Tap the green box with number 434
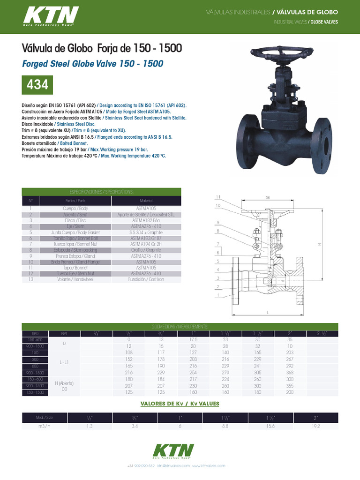pos(37,85)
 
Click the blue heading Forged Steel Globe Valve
pos(93,63)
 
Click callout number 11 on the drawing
pos(218,196)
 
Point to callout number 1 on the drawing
pos(218,295)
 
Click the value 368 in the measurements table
pos(289,372)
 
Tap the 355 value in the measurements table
pos(289,385)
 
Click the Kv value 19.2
pos(315,427)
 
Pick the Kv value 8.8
pos(225,427)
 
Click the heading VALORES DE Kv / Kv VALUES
pos(180,404)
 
